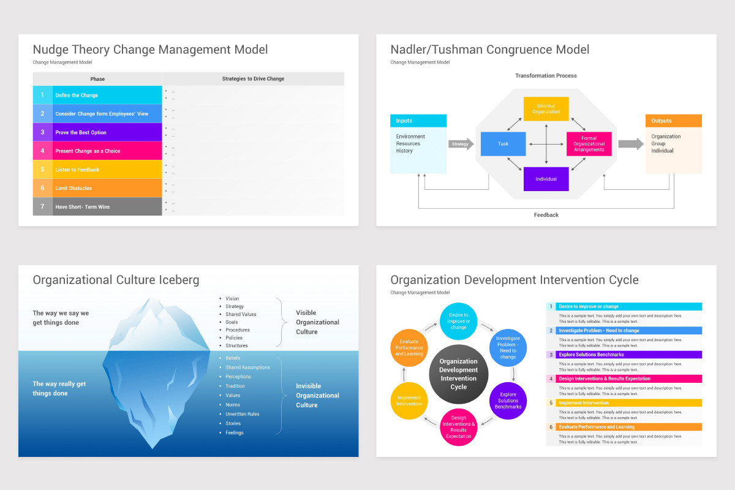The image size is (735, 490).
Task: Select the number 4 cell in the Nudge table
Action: (x=42, y=151)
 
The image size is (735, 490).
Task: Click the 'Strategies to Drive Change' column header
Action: (x=253, y=79)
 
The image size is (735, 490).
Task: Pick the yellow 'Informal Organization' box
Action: (x=546, y=108)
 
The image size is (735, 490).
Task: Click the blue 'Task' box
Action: (x=503, y=144)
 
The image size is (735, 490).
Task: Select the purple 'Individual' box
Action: (x=546, y=179)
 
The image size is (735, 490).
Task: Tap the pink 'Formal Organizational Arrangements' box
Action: (x=589, y=144)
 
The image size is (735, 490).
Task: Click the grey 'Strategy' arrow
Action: (x=461, y=144)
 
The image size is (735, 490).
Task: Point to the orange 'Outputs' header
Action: (x=673, y=121)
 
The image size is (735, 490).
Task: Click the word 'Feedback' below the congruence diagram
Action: (x=546, y=215)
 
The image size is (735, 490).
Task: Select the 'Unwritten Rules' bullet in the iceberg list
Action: (x=242, y=414)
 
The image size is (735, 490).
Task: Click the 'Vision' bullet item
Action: (x=232, y=299)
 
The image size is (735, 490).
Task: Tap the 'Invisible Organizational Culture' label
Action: (x=317, y=396)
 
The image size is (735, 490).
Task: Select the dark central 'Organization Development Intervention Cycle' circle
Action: (x=459, y=374)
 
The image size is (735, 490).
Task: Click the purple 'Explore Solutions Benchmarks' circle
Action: (x=508, y=401)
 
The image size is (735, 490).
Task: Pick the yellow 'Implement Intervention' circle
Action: (x=409, y=401)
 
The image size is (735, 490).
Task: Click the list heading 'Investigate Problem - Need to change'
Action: (x=598, y=331)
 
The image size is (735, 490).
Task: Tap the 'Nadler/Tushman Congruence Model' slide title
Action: (x=490, y=50)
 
